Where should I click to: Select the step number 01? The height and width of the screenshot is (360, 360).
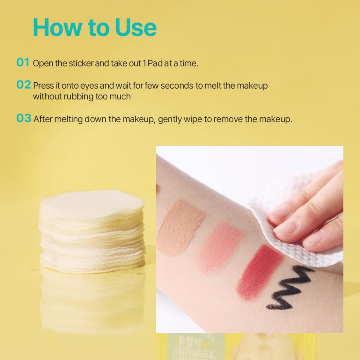23,62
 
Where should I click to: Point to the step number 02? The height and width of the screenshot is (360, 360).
24,85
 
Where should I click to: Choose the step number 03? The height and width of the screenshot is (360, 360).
24,118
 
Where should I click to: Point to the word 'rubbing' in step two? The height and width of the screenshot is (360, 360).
78,96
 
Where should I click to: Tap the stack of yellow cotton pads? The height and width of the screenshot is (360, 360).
92,232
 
